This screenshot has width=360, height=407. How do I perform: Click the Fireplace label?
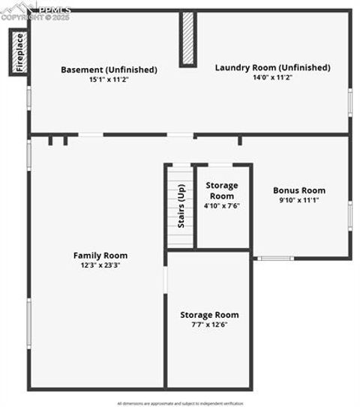[19, 52]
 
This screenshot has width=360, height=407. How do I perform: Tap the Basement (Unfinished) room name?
[109, 70]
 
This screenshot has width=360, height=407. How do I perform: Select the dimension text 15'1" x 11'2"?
[109, 79]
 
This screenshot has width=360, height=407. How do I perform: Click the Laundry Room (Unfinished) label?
[272, 67]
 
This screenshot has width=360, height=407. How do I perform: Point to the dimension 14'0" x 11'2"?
[272, 76]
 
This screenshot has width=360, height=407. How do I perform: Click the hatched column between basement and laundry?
[187, 39]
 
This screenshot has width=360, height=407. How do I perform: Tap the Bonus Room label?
[298, 190]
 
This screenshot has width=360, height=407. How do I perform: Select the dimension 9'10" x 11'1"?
[298, 200]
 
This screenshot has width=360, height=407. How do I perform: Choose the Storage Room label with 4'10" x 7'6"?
[221, 190]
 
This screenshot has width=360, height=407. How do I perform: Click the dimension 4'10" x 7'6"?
[221, 205]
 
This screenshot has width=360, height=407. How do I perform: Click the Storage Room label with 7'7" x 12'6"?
[209, 315]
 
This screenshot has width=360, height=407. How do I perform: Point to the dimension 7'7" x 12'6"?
[209, 325]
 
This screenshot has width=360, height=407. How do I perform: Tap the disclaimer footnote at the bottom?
[180, 403]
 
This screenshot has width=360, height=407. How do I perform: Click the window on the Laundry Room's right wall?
[349, 101]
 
